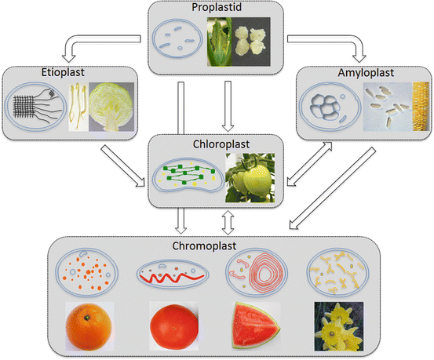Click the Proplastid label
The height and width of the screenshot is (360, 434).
coord(217,9)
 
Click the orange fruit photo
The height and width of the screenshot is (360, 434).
coord(84,325)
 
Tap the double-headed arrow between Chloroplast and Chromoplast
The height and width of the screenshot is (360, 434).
coord(228,223)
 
